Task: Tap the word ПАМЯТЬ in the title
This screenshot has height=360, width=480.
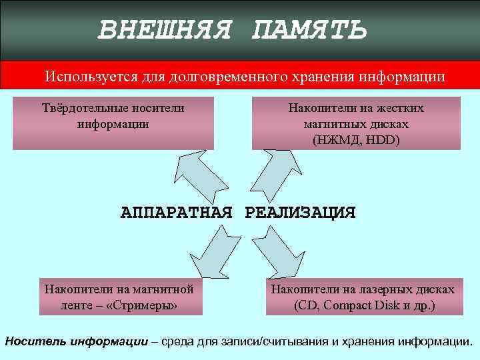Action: click(x=309, y=29)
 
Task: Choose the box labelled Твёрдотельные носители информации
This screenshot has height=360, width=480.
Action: click(x=113, y=123)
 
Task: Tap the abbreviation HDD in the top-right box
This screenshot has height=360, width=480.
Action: click(x=383, y=140)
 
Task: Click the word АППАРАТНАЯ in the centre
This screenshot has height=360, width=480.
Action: click(x=177, y=213)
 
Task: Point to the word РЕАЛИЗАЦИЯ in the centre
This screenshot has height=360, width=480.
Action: click(x=301, y=213)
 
